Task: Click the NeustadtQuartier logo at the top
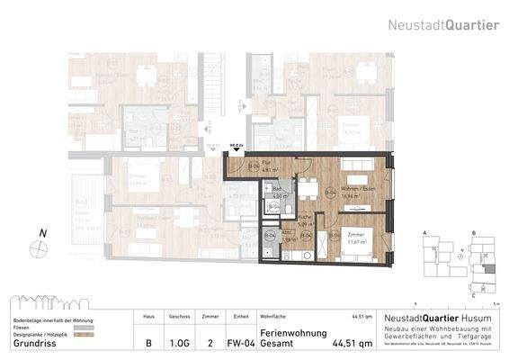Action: coord(443,25)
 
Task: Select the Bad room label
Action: coord(278,188)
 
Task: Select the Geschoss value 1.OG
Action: coord(179,343)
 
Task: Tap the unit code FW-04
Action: coord(237,343)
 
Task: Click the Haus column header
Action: coord(147,317)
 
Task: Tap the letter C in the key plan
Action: coord(473,295)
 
